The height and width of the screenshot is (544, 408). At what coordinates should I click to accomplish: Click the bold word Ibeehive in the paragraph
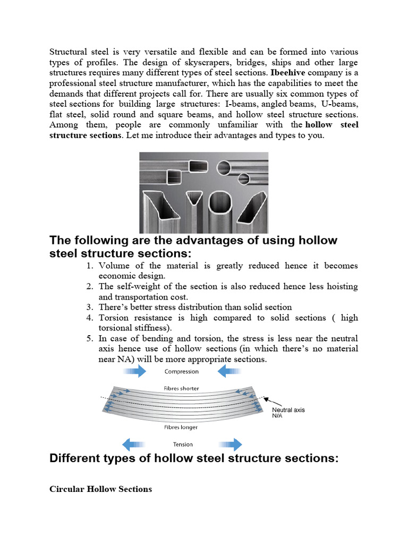click(x=288, y=72)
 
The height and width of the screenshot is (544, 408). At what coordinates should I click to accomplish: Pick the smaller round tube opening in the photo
click(x=244, y=178)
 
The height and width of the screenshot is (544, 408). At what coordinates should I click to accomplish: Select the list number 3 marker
click(x=90, y=307)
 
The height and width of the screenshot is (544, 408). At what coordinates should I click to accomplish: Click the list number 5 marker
click(x=90, y=338)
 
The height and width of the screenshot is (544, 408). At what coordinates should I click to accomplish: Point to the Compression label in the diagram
click(x=182, y=372)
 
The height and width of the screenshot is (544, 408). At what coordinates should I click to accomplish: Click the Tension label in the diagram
click(x=183, y=444)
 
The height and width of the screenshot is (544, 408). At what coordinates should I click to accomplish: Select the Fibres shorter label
click(x=182, y=388)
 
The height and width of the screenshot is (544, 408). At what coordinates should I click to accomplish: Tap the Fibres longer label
click(x=182, y=427)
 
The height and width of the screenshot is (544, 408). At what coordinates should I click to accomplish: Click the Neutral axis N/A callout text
click(x=288, y=413)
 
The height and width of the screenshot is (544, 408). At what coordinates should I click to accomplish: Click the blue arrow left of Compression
click(x=134, y=371)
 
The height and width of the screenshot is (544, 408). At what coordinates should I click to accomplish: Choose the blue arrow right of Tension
click(x=229, y=444)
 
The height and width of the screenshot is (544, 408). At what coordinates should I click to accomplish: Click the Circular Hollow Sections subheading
click(x=100, y=489)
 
